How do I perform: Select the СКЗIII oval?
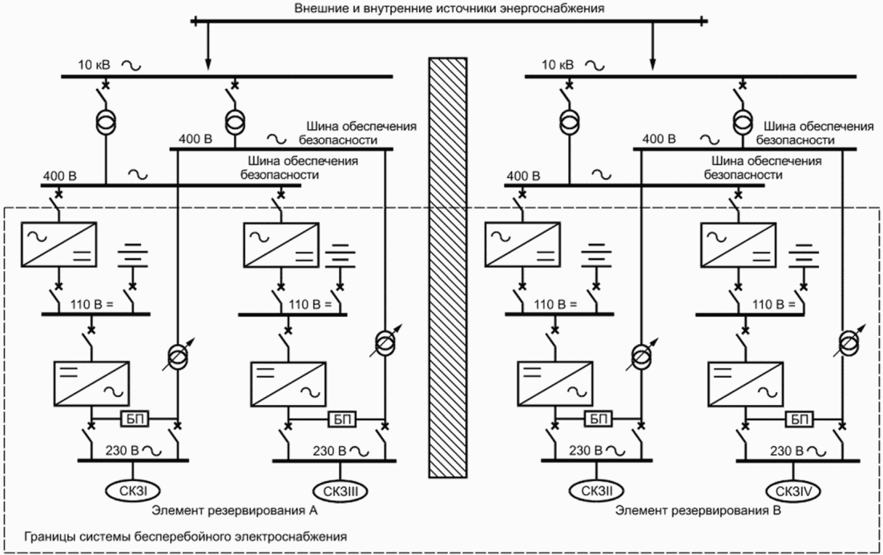[341, 492]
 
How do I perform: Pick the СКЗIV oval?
[793, 492]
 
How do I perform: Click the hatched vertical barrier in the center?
[448, 268]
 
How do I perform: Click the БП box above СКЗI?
[134, 419]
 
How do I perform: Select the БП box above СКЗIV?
[798, 419]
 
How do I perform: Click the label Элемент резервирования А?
[234, 511]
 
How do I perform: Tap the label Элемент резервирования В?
[698, 511]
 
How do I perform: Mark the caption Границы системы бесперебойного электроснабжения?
[185, 536]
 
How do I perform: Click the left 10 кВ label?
[94, 65]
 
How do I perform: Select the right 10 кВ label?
[558, 65]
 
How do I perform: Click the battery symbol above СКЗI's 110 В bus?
[134, 256]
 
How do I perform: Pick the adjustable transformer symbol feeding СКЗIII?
[385, 340]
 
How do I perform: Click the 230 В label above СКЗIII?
[329, 451]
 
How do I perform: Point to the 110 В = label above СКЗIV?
[774, 305]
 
